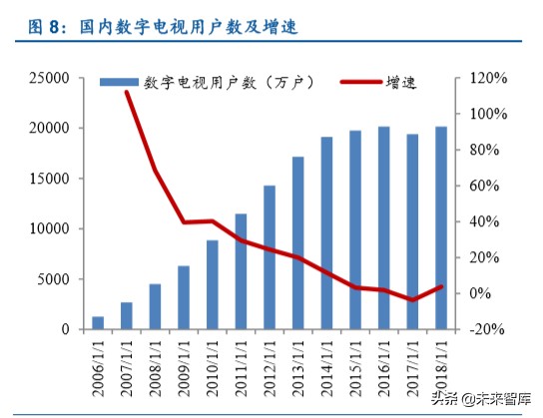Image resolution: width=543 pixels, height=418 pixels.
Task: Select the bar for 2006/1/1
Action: (98, 322)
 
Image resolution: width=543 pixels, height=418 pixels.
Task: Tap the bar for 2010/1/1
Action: (213, 284)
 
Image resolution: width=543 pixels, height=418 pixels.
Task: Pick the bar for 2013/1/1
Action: (298, 242)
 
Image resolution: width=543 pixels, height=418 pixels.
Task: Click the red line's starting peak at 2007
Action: (127, 92)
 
